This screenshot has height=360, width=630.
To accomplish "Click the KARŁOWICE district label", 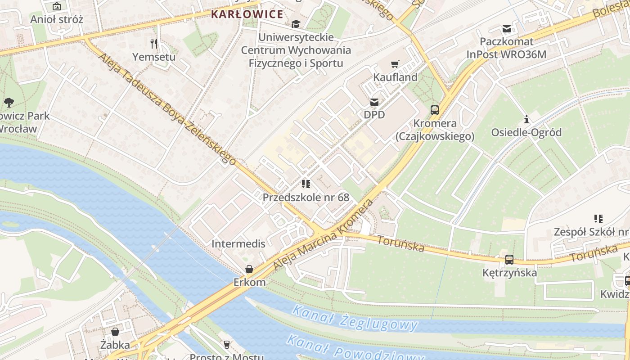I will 247,14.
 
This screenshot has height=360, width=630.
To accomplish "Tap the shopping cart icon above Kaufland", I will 395,64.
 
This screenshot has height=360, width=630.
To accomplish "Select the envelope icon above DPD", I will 374,102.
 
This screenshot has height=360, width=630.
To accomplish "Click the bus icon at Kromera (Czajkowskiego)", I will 435,110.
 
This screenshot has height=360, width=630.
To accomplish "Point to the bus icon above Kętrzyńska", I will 509,260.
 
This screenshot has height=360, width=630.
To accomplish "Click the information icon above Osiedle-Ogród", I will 526,120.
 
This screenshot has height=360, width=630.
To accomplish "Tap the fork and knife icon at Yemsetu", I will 154,44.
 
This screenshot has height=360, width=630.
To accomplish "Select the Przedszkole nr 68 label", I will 306,197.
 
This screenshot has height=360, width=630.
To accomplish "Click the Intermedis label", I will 238,244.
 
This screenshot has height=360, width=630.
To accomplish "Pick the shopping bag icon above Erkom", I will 249,270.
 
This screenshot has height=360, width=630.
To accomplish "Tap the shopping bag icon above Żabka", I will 115,332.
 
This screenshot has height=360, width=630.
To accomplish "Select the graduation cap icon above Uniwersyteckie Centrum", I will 296,24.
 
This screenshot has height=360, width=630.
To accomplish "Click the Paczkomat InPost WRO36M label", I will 506,48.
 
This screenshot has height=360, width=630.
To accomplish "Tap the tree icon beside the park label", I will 9,103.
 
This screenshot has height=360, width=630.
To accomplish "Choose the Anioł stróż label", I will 57,19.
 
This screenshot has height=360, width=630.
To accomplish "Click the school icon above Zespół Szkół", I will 598,219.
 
